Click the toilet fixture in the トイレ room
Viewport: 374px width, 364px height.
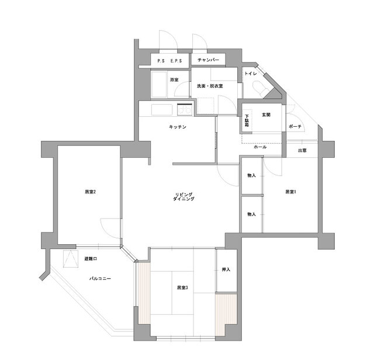[260, 88]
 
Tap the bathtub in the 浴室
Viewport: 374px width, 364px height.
[159, 84]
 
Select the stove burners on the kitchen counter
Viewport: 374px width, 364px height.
[185, 110]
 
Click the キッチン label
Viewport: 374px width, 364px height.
[178, 127]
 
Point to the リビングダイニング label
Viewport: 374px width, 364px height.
[183, 196]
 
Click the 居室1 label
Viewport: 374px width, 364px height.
[290, 192]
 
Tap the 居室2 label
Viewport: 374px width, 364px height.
[91, 192]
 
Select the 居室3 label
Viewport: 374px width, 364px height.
[182, 287]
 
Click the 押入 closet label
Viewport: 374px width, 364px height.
[226, 269]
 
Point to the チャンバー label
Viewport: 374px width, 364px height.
[208, 60]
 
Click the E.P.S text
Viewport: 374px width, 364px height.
[176, 61]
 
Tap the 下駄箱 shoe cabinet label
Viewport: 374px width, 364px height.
[247, 121]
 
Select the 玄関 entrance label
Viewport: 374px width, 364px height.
[266, 115]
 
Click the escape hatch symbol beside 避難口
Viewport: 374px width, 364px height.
[71, 259]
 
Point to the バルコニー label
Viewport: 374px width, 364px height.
[100, 278]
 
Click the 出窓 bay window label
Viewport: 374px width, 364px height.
[302, 151]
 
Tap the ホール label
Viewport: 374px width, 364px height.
[260, 147]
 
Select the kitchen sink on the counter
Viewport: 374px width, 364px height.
[162, 110]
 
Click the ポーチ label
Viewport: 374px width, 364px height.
[295, 127]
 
